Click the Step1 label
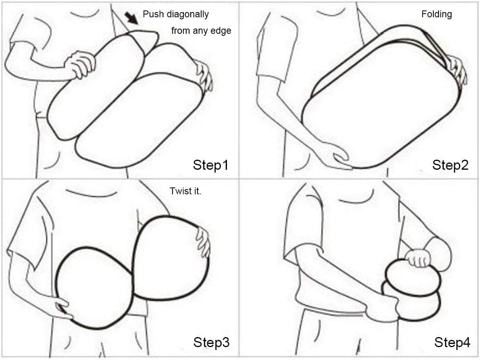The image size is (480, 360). [211, 165]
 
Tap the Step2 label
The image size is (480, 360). [450, 165]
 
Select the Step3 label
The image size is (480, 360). [211, 342]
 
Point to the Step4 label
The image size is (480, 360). [452, 342]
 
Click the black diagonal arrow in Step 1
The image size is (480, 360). [132, 18]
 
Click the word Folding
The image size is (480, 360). [437, 14]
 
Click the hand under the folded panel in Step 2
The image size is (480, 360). [340, 157]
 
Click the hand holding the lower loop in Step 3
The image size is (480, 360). [61, 307]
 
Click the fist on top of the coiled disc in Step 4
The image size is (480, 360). [418, 258]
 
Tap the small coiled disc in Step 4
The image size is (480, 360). [412, 289]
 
